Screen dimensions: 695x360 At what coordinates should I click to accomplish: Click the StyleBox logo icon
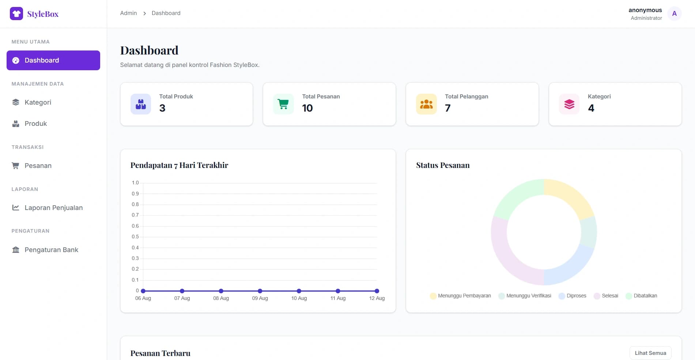(x=16, y=14)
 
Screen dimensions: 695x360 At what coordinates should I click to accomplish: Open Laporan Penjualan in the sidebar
(x=53, y=208)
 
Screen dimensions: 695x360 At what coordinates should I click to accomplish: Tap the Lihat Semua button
(x=650, y=353)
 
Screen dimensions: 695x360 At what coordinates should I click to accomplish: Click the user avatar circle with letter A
(x=674, y=14)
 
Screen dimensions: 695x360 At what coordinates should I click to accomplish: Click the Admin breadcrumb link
(x=128, y=13)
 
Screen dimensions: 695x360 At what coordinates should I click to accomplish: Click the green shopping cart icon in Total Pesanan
(x=283, y=104)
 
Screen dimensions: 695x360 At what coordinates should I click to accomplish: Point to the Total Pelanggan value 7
(x=448, y=108)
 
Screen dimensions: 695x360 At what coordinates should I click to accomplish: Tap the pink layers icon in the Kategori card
(x=569, y=104)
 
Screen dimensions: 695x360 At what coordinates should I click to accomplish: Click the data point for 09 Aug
(x=260, y=291)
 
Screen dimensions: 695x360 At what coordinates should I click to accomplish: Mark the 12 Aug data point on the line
(x=377, y=291)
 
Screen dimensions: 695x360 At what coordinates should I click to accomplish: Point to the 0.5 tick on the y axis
(x=135, y=237)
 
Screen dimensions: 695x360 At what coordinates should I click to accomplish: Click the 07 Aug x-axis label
(x=182, y=298)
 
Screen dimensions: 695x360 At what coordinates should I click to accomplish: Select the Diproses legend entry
(x=573, y=296)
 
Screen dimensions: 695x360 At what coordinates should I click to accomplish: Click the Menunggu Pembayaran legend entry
(x=461, y=296)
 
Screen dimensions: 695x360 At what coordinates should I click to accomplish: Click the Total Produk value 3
(x=162, y=108)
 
